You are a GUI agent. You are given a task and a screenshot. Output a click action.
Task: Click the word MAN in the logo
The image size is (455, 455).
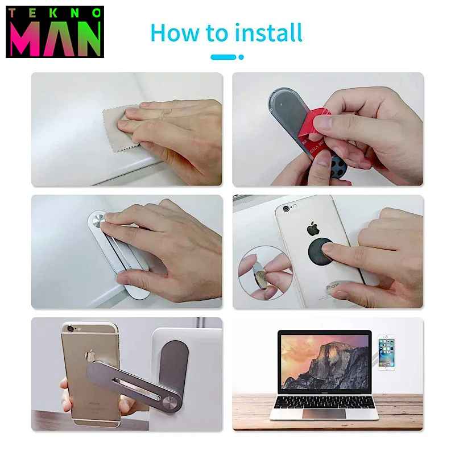[55, 39]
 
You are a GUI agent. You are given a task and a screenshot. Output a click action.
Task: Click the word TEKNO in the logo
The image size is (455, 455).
[55, 13]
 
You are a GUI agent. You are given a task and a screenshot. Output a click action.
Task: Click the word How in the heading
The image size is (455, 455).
[175, 33]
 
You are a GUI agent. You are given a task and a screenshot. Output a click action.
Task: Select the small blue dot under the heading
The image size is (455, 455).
[241, 57]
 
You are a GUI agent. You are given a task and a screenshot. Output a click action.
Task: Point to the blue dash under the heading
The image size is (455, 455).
[223, 57]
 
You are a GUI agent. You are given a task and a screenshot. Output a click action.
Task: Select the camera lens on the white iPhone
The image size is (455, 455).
[286, 208]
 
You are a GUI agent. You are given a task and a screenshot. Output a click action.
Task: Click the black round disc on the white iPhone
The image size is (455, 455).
[320, 251]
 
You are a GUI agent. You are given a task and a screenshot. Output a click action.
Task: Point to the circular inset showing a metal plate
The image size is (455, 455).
[265, 273]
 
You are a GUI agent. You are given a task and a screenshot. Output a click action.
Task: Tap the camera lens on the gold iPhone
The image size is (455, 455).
[70, 329]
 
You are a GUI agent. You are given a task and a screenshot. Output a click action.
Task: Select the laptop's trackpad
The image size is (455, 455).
[324, 413]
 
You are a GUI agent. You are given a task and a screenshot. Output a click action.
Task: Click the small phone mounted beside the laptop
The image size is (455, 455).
[386, 353]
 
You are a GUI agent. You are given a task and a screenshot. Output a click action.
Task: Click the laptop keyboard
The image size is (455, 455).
[324, 402]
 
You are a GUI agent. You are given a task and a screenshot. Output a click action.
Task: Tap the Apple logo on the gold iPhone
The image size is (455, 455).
[90, 355]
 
